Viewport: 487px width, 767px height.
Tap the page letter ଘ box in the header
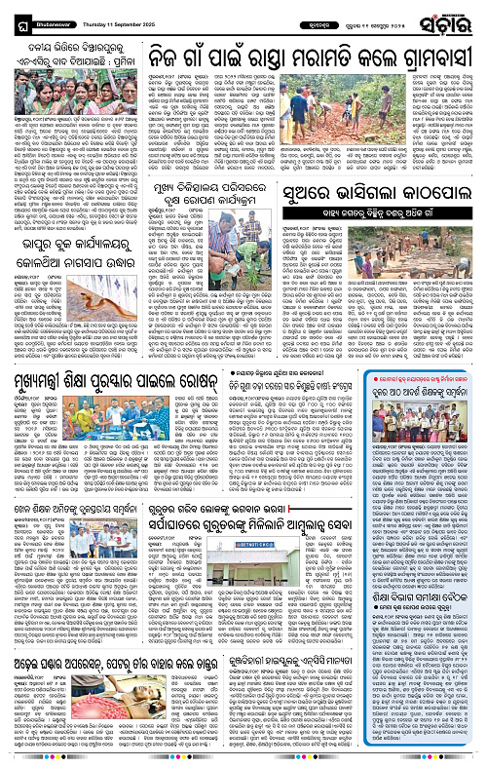click(12, 16)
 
